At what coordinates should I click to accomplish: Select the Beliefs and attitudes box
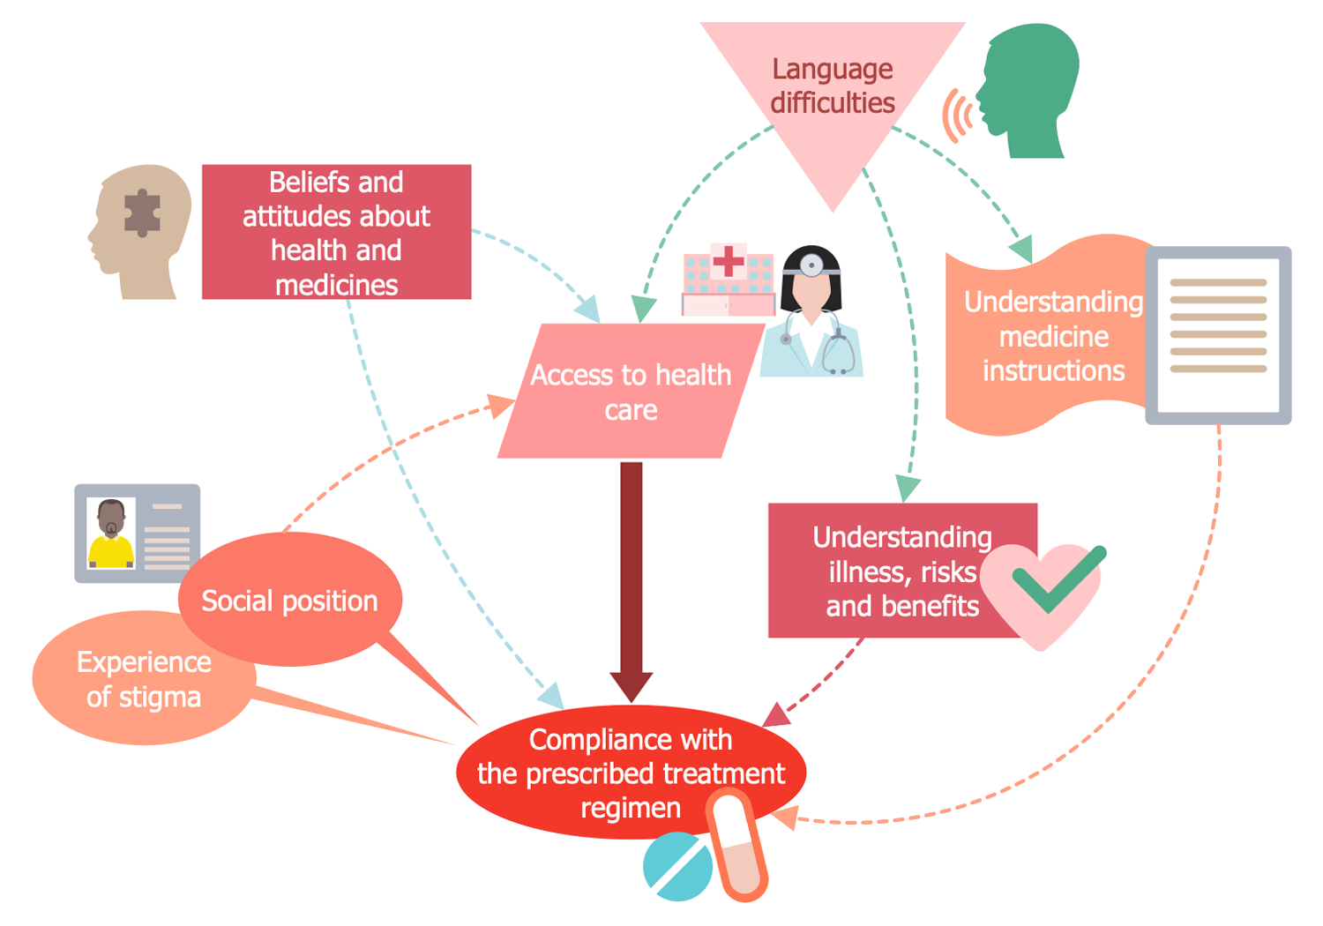pos(336,232)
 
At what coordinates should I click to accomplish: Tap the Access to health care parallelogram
pos(631,392)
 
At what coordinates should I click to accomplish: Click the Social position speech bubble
pos(289,600)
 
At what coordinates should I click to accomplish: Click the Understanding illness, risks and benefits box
pos(882,571)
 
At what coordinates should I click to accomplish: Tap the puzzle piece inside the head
pos(141,213)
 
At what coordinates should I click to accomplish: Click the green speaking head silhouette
pos(1032,88)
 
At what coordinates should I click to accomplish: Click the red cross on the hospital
pos(729,261)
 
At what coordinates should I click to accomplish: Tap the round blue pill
pos(677,867)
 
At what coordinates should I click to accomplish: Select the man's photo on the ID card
pos(111,533)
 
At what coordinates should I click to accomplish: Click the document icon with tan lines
pos(1218,334)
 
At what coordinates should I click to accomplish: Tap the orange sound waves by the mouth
pos(957,116)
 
